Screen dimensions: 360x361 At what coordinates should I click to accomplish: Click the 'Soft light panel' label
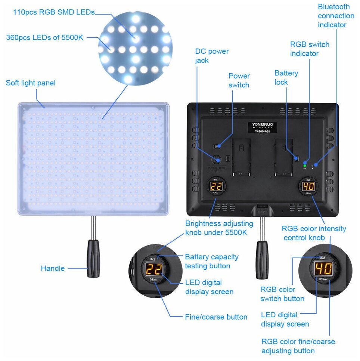tap(31, 83)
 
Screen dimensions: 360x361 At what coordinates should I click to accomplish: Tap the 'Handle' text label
tap(53, 268)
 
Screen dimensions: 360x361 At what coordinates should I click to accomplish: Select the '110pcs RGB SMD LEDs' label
tap(54, 12)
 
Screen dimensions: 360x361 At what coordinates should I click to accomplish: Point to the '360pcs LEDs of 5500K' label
tap(45, 38)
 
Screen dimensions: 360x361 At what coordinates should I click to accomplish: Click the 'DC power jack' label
tap(212, 56)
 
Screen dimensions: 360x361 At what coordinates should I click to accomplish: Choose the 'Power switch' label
tap(239, 80)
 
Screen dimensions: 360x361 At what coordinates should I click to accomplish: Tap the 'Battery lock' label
tap(286, 77)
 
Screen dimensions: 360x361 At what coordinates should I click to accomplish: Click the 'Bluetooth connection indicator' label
tap(336, 16)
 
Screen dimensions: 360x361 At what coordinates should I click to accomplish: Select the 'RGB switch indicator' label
tap(310, 49)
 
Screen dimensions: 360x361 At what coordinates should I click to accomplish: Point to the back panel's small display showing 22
tap(216, 186)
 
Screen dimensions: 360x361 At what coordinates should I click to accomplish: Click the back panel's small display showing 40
tap(308, 186)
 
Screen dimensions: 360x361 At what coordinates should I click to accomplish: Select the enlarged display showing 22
tap(153, 269)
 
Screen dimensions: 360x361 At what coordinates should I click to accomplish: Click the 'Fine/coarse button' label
tap(216, 317)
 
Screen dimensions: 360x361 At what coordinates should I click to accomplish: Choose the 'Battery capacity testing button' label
tap(212, 261)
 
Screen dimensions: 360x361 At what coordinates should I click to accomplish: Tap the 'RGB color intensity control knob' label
tap(314, 233)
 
